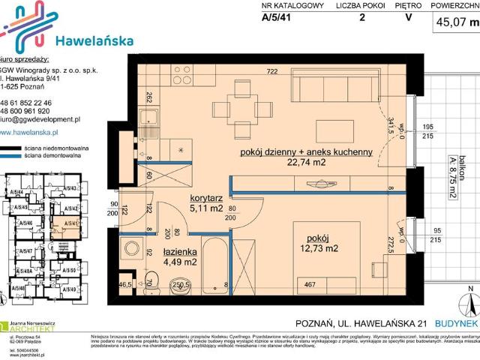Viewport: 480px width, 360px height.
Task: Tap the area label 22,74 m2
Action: pos(307,163)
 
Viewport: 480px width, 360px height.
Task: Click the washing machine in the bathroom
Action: pos(132,249)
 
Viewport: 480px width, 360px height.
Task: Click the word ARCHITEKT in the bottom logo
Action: pos(51,328)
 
